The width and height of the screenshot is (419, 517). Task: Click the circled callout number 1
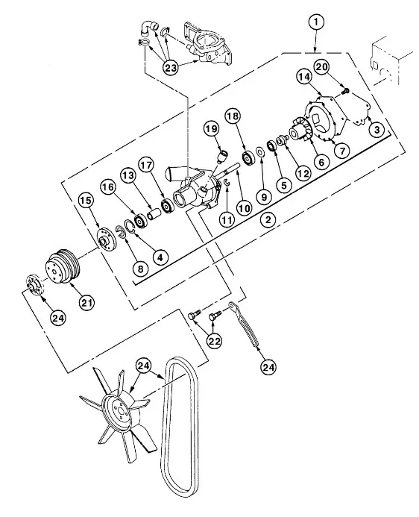tap(316, 22)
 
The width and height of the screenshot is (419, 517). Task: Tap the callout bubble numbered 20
tap(322, 67)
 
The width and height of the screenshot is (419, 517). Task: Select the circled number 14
tap(304, 77)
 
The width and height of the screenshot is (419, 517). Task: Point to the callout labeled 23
tap(171, 68)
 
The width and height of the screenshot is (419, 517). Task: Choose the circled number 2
tap(268, 219)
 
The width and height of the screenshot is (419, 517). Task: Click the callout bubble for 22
tap(214, 341)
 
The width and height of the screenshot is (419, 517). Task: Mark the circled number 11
tap(227, 219)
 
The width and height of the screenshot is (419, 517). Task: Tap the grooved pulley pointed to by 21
tap(63, 266)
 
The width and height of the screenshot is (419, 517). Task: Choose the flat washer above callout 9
tap(260, 152)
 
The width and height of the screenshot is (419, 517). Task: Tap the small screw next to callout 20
tap(345, 90)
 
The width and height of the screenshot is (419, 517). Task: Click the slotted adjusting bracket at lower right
tap(244, 324)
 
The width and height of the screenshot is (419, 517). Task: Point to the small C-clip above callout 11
tap(227, 184)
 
